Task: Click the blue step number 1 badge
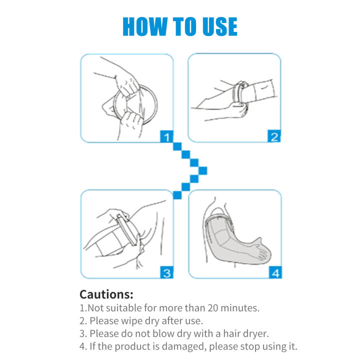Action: [166, 136]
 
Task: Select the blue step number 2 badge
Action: [274, 136]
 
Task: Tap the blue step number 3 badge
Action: [166, 272]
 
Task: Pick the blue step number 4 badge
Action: [274, 272]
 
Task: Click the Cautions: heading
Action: [106, 294]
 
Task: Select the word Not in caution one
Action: [95, 308]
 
